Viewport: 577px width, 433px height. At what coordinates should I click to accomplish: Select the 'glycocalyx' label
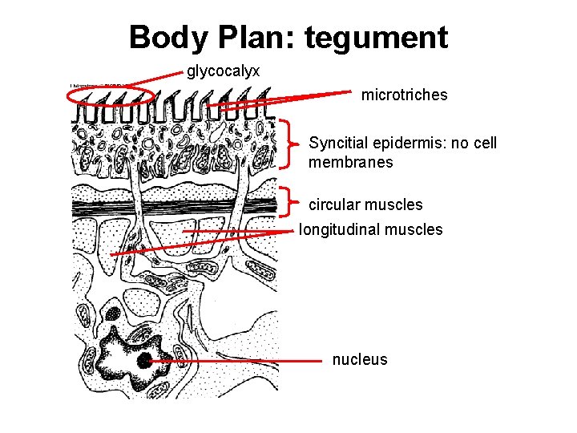(x=223, y=72)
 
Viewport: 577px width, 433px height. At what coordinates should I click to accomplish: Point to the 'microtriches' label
(x=404, y=95)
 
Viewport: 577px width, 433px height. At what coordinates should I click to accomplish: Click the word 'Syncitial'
(x=341, y=144)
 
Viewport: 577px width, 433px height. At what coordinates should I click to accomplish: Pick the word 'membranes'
(x=350, y=162)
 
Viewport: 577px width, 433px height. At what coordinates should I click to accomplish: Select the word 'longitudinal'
(x=339, y=230)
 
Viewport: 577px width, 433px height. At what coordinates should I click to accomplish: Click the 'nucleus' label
(x=359, y=360)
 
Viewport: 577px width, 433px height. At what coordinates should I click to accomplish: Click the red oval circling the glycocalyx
(x=111, y=95)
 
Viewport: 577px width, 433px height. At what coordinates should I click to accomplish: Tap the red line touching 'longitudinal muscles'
(x=240, y=231)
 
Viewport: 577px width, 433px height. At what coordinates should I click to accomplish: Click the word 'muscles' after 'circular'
(x=398, y=204)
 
